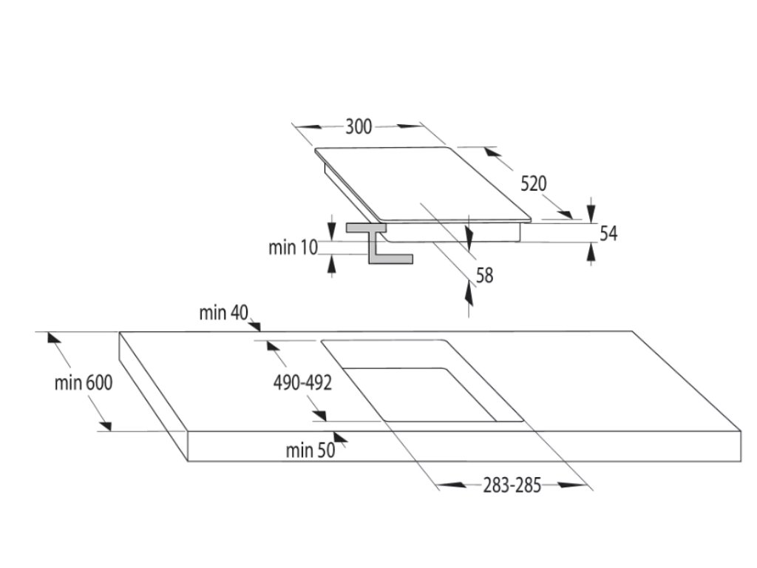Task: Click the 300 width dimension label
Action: coord(359,127)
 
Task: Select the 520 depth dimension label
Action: coord(533,183)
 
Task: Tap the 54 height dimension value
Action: coord(608,234)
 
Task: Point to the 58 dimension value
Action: coord(484,275)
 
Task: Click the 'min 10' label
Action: coord(292,248)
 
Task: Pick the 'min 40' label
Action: coord(223,313)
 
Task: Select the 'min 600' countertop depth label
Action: coord(83,383)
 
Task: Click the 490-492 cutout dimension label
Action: coord(302,383)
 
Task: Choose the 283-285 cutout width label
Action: coord(512,485)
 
